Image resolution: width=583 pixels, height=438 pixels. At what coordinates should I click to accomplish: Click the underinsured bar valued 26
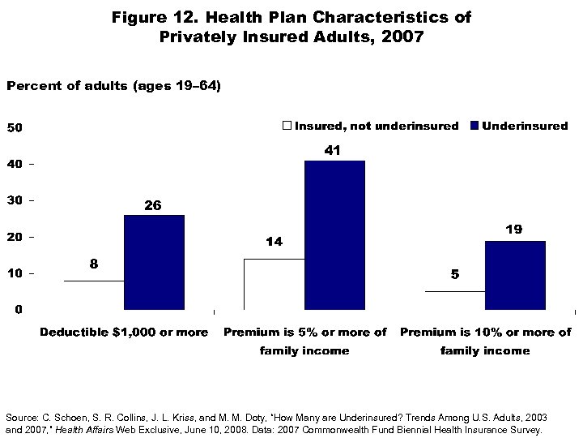pos(154,262)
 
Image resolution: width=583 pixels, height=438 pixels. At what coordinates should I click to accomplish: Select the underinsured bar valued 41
pos(334,235)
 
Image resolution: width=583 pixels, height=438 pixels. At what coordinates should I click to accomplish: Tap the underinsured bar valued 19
pos(515,275)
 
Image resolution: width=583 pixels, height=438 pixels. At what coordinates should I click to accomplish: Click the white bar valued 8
pos(94,295)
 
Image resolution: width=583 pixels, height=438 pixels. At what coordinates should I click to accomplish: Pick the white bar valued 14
pos(274,284)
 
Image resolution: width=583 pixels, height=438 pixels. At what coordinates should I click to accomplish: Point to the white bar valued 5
pos(455,300)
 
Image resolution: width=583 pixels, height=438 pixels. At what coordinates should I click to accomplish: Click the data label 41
pos(333,151)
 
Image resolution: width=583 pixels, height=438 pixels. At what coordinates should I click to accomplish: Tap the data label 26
pos(153,206)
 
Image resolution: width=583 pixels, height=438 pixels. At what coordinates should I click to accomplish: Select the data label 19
pos(513,230)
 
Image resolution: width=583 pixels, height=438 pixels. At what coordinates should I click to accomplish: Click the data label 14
pos(273,242)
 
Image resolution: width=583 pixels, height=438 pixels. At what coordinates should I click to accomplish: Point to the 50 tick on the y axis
pos(15,127)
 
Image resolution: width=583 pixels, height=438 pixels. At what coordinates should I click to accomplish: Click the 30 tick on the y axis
pos(15,200)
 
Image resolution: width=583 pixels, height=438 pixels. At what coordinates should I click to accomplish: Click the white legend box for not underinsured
pos(287,126)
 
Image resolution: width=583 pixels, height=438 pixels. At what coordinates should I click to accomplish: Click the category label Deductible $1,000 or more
pos(124,333)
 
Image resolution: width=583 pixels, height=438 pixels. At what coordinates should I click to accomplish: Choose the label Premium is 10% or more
pos(485,333)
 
